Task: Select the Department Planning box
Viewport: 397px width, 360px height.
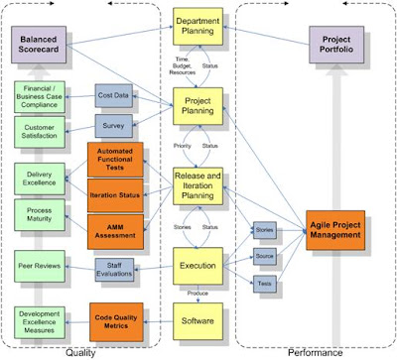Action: click(x=203, y=32)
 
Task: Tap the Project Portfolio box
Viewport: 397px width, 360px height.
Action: click(x=342, y=46)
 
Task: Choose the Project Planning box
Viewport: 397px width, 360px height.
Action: click(x=203, y=106)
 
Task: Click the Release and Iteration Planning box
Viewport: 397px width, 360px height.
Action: click(x=203, y=185)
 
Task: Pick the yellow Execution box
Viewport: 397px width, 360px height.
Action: click(x=203, y=265)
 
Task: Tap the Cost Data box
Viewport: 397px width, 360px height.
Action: click(x=117, y=95)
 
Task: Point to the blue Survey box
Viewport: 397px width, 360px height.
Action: click(x=117, y=126)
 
